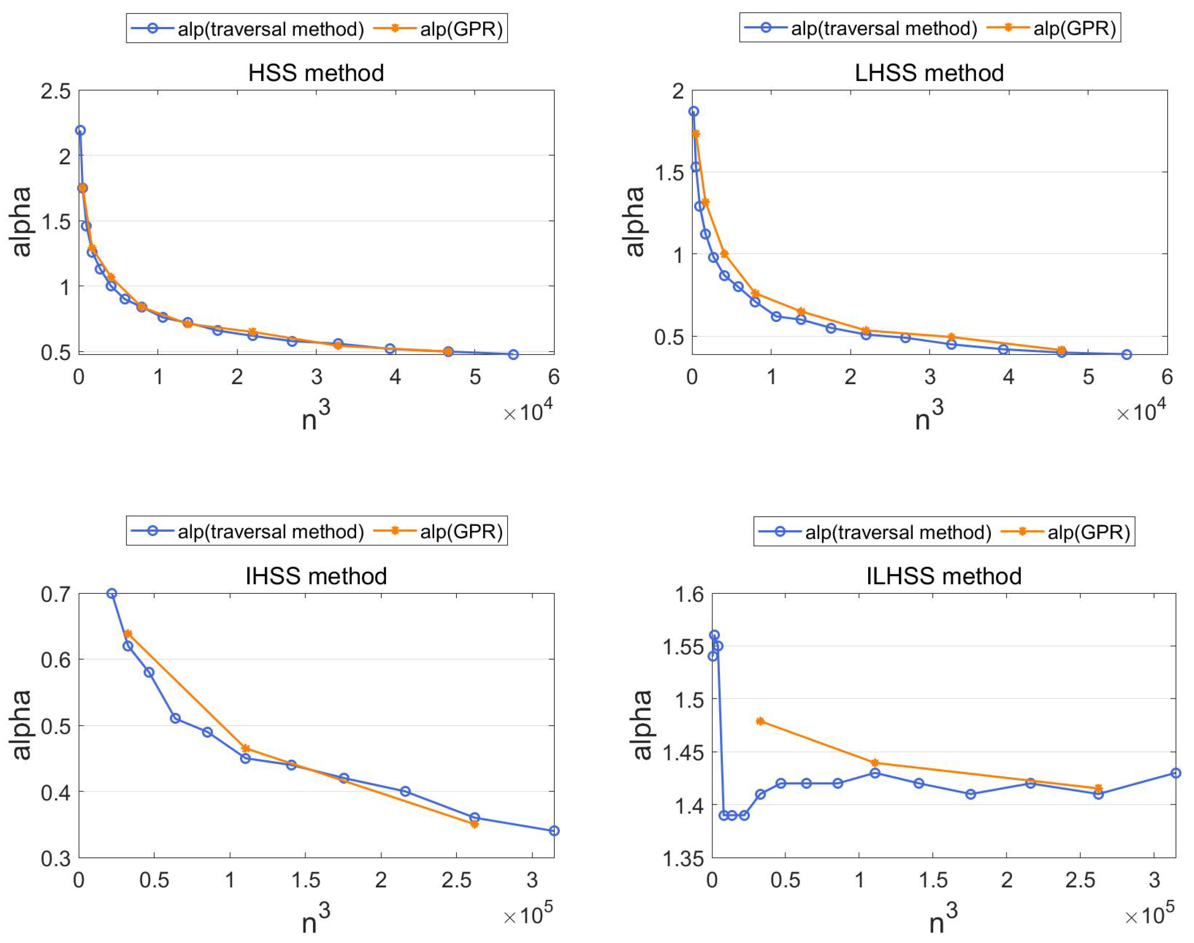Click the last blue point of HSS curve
click(x=513, y=354)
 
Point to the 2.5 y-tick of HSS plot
click(x=56, y=92)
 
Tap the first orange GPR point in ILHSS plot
click(x=760, y=721)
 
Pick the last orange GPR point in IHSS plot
click(x=474, y=824)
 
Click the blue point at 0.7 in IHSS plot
click(x=111, y=593)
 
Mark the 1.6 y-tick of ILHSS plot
click(x=689, y=595)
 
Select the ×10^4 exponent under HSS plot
click(x=528, y=411)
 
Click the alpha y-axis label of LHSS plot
click(x=635, y=221)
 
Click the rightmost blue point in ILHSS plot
click(x=1175, y=773)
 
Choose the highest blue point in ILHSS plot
click(x=714, y=635)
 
